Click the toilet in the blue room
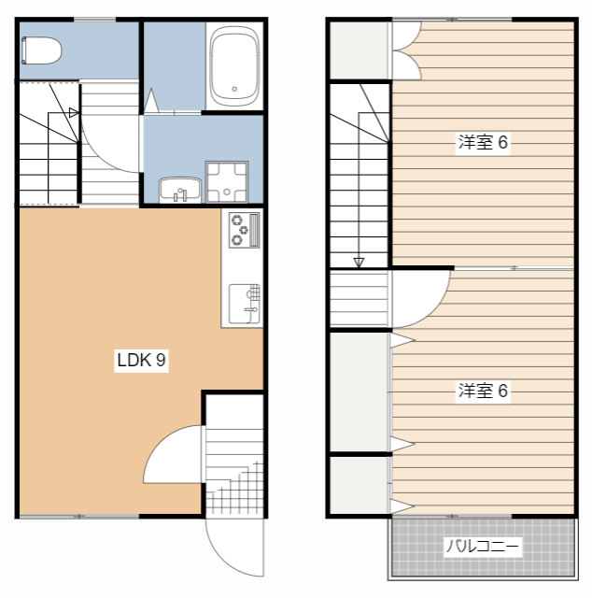click(41, 50)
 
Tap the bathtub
click(234, 66)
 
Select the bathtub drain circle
click(234, 90)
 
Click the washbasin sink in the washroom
click(180, 189)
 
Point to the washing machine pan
click(227, 182)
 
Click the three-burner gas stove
click(245, 231)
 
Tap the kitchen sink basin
click(245, 304)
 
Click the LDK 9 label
click(141, 360)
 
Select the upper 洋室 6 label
click(483, 142)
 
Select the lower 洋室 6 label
click(483, 391)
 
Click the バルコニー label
click(483, 547)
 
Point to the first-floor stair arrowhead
click(74, 113)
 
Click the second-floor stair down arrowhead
click(359, 263)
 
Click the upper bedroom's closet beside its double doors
click(359, 50)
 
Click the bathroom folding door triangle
click(151, 101)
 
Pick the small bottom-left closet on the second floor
click(359, 485)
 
